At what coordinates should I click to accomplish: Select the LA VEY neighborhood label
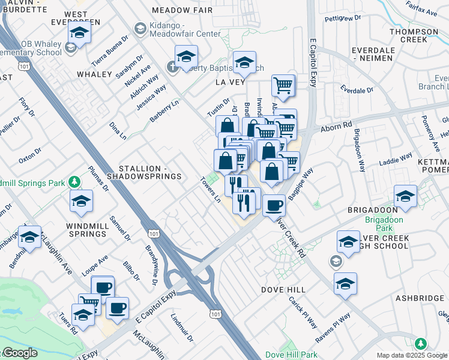(231, 82)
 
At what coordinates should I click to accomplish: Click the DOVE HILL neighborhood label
(283, 290)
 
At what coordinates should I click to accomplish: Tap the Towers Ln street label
(211, 190)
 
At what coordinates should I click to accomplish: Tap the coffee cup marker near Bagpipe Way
(274, 206)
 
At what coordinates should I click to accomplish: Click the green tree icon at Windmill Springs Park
(74, 181)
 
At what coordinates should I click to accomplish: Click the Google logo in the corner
(19, 353)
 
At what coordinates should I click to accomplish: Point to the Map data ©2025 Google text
(412, 355)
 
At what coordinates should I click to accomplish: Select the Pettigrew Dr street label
(342, 19)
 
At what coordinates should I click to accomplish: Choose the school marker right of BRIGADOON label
(405, 196)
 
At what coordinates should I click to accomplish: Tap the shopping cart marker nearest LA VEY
(283, 85)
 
